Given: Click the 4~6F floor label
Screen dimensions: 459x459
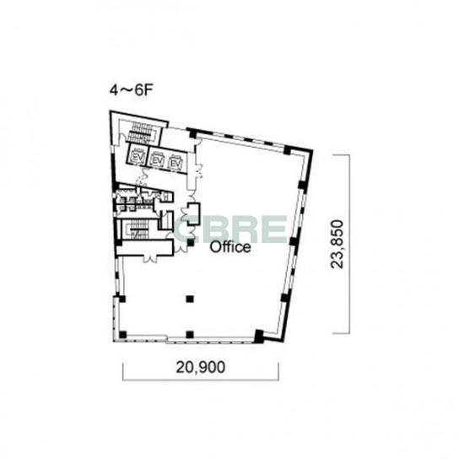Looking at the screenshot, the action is point(132,90).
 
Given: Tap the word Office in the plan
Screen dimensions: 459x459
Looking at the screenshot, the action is point(230,247).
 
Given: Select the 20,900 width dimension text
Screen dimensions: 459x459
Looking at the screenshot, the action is point(201,367).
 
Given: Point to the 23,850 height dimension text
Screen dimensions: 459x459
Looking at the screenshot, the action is point(337,244).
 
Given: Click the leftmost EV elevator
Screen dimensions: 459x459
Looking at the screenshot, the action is point(138,156).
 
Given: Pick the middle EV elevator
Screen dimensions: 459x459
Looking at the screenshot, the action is point(157,160).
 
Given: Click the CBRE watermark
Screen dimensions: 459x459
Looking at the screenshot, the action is point(230,229).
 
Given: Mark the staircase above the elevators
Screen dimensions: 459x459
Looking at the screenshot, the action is point(142,133).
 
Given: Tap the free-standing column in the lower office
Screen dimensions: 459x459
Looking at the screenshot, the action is point(190,299).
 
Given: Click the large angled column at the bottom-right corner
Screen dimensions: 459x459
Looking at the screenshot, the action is point(259,336).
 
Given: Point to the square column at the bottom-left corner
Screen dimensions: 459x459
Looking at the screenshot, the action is point(122,334).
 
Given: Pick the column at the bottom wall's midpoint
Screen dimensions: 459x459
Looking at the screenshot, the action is point(190,334).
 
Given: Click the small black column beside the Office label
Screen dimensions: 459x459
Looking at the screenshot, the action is point(191,242).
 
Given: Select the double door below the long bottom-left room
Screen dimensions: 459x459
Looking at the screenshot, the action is point(150,258).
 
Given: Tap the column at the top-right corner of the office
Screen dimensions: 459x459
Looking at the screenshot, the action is point(288,150).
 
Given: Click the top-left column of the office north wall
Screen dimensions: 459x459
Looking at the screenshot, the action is point(192,134).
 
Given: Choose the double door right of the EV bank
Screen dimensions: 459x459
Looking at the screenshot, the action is point(199,171).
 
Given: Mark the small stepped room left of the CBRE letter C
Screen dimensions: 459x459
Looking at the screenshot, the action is point(193,213).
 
